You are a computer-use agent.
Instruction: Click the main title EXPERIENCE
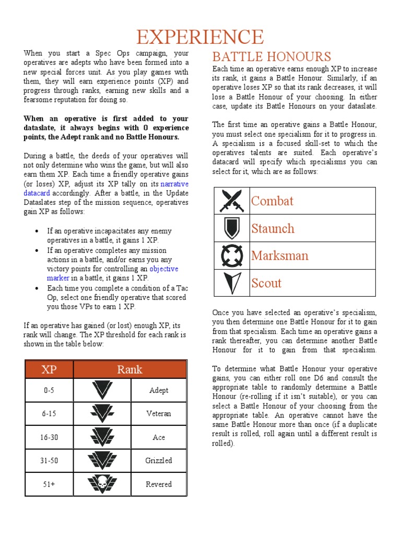[x=200, y=37]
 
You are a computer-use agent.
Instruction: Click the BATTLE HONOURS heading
[x=271, y=57]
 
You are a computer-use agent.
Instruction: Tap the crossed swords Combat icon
[x=232, y=201]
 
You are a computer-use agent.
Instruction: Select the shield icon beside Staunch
[x=232, y=228]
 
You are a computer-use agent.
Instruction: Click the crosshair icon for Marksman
[x=232, y=256]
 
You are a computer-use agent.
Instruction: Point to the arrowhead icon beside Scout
[x=232, y=283]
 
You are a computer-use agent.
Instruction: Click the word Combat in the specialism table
[x=272, y=201]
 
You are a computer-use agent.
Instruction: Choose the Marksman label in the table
[x=279, y=256]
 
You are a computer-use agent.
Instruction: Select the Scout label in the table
[x=266, y=283]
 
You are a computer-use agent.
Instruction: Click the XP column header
[x=49, y=369]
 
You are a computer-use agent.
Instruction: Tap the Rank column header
[x=129, y=369]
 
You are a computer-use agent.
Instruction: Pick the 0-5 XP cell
[x=49, y=390]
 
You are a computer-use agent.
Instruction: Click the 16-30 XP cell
[x=49, y=437]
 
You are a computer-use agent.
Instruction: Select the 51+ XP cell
[x=49, y=484]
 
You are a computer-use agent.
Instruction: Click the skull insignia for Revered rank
[x=102, y=484]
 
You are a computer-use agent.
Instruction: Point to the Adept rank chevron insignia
[x=102, y=390]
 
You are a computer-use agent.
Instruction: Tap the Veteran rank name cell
[x=158, y=414]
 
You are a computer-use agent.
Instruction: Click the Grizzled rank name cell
[x=158, y=461]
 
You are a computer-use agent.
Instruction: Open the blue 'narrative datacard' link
[x=174, y=184]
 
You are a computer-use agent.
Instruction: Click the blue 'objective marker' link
[x=164, y=269]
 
